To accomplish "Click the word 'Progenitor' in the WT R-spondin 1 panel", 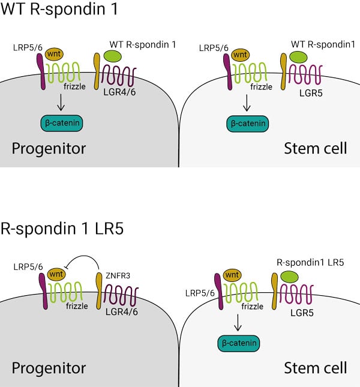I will [x=49, y=148].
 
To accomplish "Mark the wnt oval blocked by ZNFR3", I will [x=57, y=277].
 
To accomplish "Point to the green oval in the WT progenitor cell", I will [x=112, y=56].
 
